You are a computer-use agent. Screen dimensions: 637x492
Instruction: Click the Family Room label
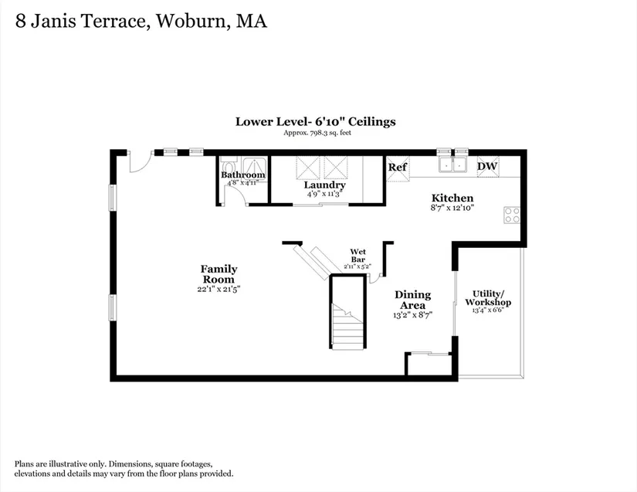(219, 274)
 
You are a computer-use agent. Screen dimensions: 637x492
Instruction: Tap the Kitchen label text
(452, 198)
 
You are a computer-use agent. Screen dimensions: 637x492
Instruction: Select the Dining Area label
(413, 300)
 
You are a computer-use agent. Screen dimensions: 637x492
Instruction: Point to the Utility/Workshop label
(488, 298)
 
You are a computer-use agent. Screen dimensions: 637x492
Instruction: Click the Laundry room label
(324, 185)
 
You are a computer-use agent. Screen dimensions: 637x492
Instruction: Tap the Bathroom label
(243, 175)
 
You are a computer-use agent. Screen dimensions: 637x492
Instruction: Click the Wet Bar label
(358, 256)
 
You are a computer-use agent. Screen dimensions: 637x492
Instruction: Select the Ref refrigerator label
(398, 168)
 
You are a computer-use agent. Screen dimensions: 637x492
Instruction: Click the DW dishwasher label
(487, 166)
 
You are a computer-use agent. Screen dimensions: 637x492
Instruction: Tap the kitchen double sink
(452, 165)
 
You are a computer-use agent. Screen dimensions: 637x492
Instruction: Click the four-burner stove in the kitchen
(512, 215)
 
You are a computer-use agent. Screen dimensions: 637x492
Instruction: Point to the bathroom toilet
(229, 167)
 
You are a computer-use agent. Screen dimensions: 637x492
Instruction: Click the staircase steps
(347, 326)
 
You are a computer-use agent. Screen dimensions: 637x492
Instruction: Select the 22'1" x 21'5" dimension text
(219, 290)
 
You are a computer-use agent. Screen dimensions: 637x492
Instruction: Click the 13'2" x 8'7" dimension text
(412, 315)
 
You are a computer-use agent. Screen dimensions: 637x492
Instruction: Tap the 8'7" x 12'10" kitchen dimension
(452, 208)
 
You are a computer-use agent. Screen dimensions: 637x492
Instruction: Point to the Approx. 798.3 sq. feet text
(317, 132)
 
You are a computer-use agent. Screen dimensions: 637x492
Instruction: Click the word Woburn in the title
(191, 21)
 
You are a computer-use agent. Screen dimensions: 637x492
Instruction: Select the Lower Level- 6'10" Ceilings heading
(316, 121)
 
